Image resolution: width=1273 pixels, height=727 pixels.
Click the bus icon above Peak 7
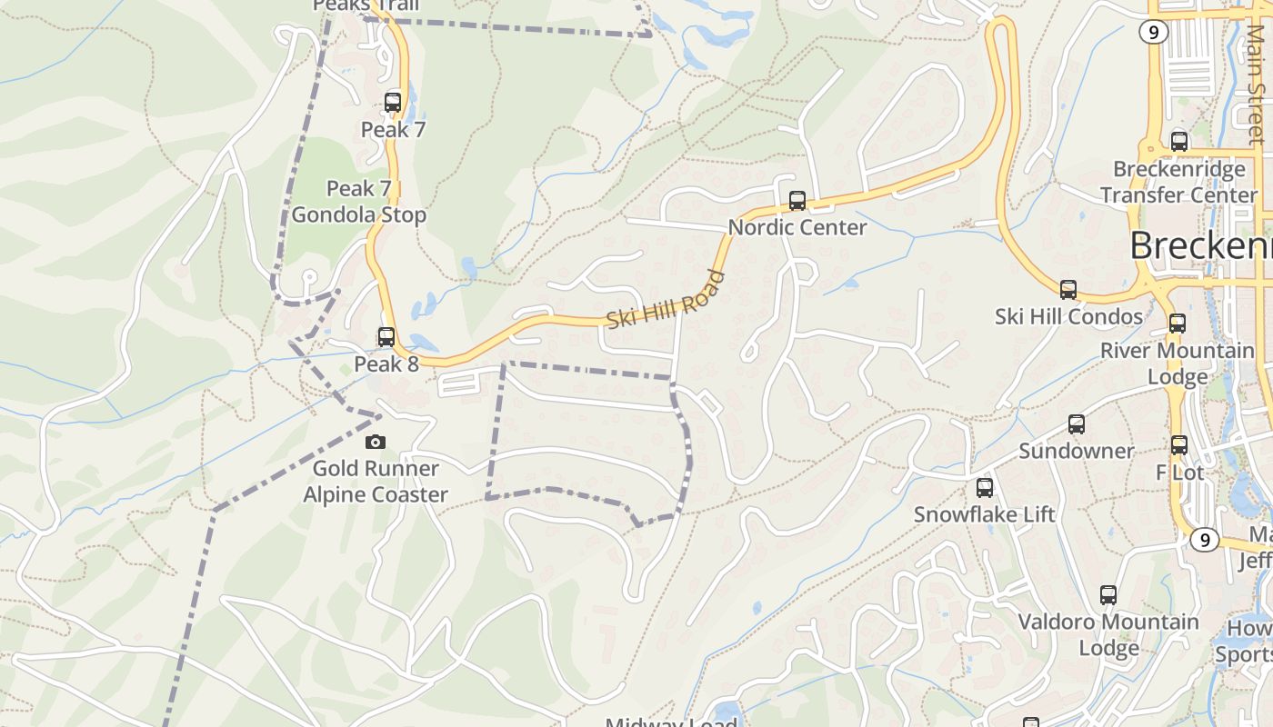(393, 103)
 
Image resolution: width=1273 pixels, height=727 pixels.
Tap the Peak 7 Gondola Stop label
(358, 202)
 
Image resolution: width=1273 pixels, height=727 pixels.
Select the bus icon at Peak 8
(386, 337)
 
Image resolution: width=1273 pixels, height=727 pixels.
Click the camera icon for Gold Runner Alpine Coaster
(375, 443)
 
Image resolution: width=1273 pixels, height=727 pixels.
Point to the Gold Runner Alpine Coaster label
(376, 482)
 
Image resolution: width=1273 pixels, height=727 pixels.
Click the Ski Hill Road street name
(667, 301)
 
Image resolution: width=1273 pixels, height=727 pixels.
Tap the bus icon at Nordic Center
(797, 201)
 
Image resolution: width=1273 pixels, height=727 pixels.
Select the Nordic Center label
(797, 227)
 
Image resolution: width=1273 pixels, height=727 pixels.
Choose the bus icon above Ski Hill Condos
(1068, 290)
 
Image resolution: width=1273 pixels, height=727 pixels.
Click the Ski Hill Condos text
(1068, 316)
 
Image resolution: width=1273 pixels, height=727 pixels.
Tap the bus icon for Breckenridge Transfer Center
(1179, 142)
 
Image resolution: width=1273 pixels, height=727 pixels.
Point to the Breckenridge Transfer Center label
(1179, 182)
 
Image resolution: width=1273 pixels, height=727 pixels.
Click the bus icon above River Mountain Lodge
(1178, 324)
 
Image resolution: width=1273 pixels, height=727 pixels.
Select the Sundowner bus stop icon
(1077, 424)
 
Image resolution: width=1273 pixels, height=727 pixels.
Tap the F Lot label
(1179, 473)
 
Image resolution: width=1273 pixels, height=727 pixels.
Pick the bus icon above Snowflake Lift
(985, 488)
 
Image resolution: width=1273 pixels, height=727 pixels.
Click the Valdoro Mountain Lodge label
(1108, 634)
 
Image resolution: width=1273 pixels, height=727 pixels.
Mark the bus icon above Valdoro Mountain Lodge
(1108, 595)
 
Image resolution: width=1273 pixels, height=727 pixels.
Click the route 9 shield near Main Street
(1154, 33)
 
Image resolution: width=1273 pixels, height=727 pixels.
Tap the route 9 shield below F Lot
(1205, 540)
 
